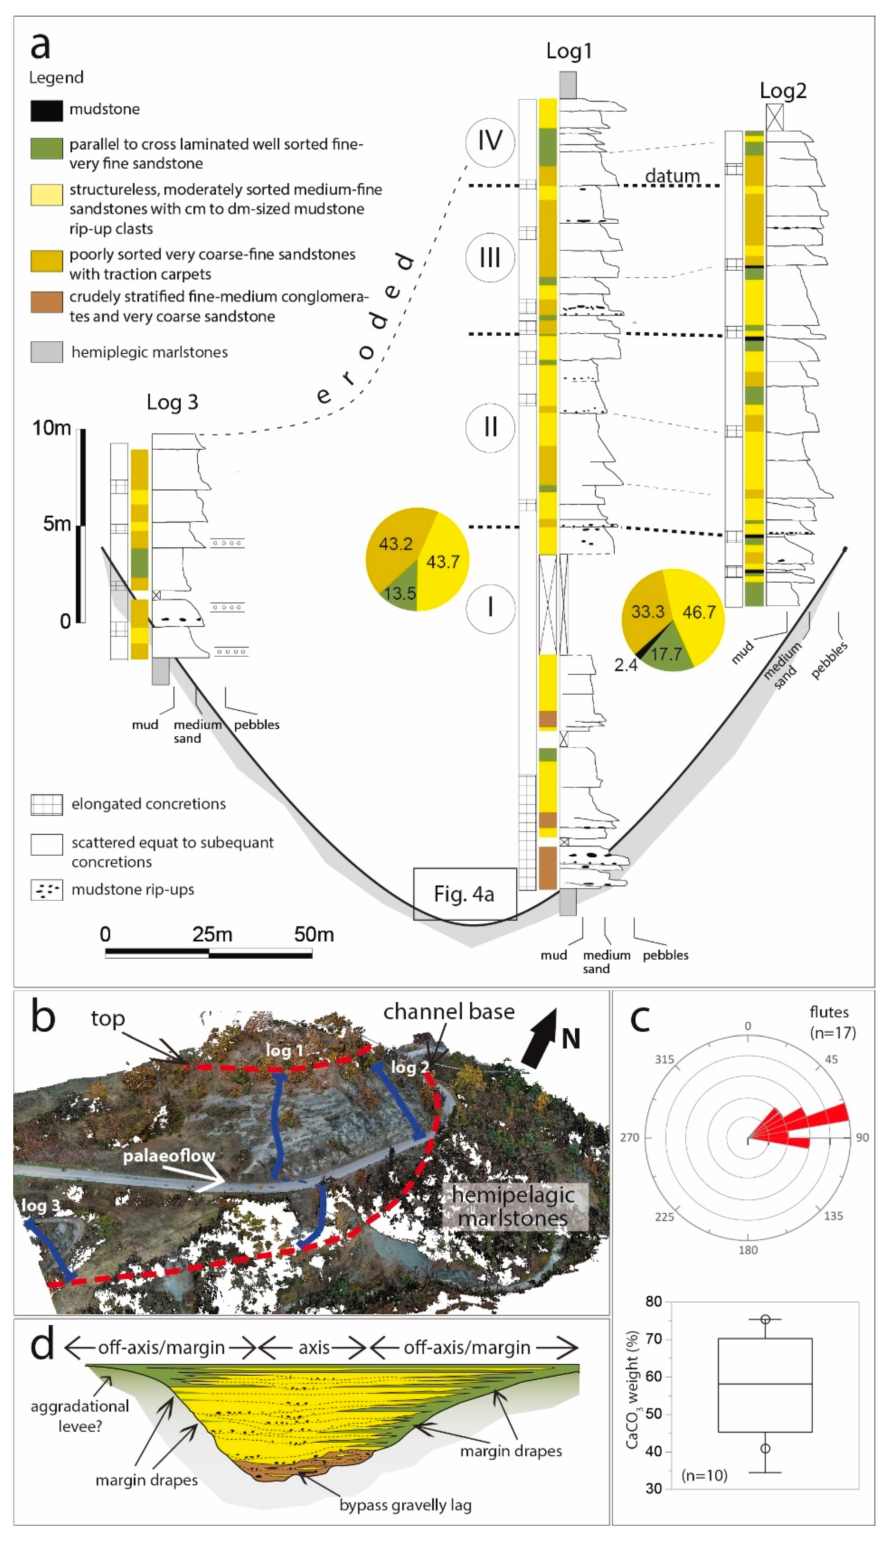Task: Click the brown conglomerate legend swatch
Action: [x=46, y=302]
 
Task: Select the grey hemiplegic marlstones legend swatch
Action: [x=46, y=352]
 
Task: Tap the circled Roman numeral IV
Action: [x=490, y=142]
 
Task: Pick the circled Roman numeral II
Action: [x=490, y=427]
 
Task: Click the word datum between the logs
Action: [x=672, y=176]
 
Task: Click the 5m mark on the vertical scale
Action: [x=57, y=524]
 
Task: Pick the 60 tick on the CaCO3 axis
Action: [x=654, y=1376]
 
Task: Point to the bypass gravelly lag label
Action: [x=405, y=1505]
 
